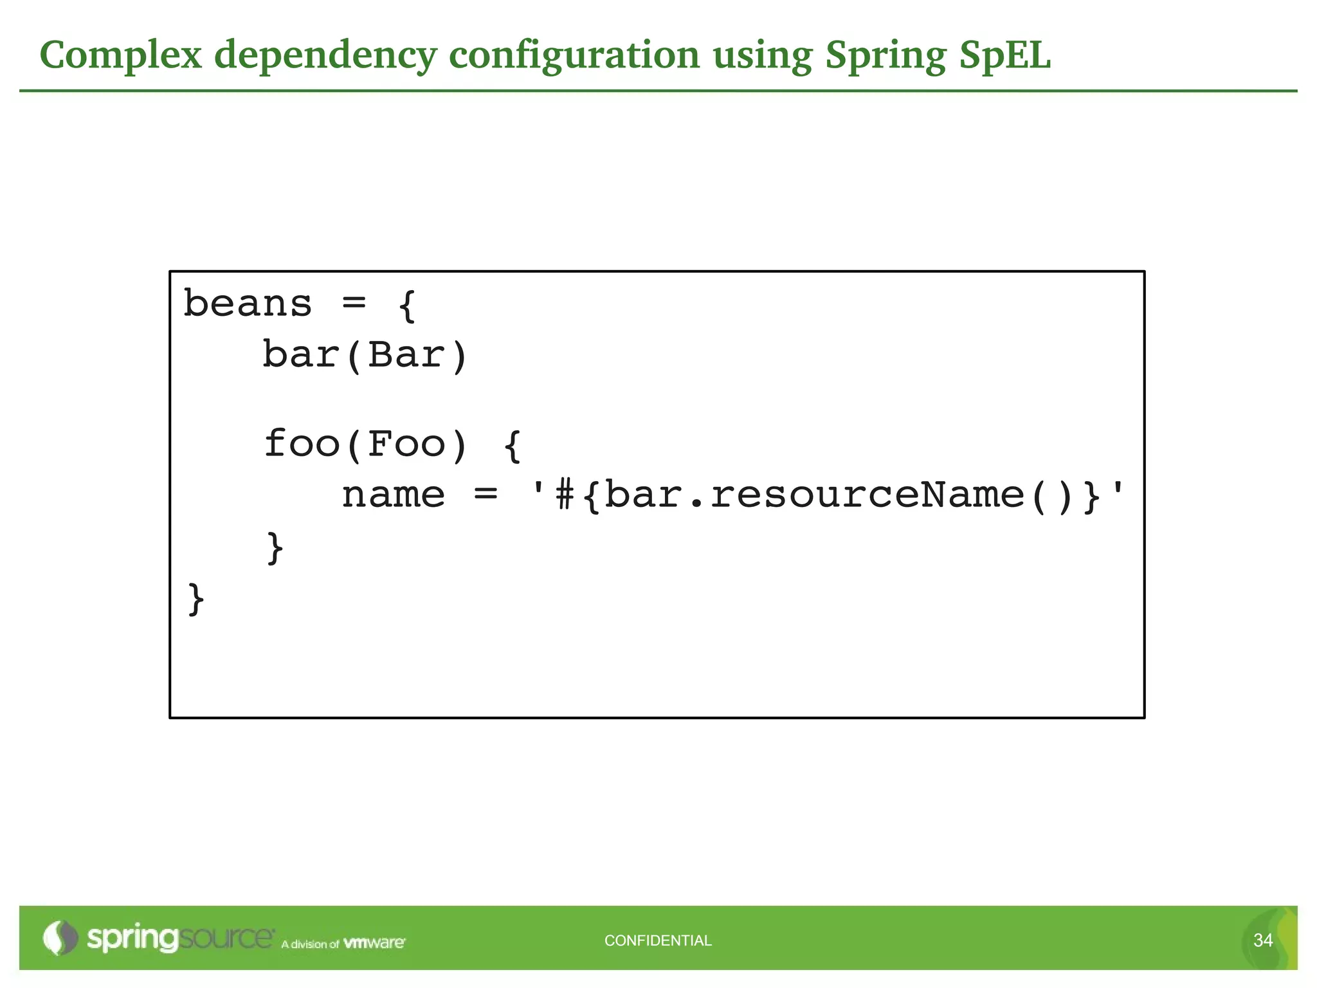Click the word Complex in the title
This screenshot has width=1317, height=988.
pos(121,55)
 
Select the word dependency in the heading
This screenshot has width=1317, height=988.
pos(325,55)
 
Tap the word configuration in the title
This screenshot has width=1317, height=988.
pos(574,55)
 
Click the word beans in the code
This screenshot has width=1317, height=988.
pos(248,304)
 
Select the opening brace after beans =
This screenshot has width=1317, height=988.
pos(408,306)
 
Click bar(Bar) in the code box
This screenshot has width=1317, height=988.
pos(365,355)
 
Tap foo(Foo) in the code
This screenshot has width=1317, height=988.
pos(365,444)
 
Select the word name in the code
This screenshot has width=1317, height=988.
pos(393,495)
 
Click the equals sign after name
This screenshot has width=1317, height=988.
pos(486,495)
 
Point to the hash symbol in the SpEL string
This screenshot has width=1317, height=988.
pos(565,495)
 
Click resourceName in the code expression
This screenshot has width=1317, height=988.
pos(866,495)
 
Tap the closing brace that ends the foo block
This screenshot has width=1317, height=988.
pos(275,547)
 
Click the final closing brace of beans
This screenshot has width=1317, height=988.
pos(196,599)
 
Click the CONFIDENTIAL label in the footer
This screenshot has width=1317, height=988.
pos(658,940)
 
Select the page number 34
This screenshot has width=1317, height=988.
pos(1263,940)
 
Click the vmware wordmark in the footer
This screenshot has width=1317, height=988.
pos(374,943)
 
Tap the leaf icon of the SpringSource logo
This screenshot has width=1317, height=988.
pos(59,938)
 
